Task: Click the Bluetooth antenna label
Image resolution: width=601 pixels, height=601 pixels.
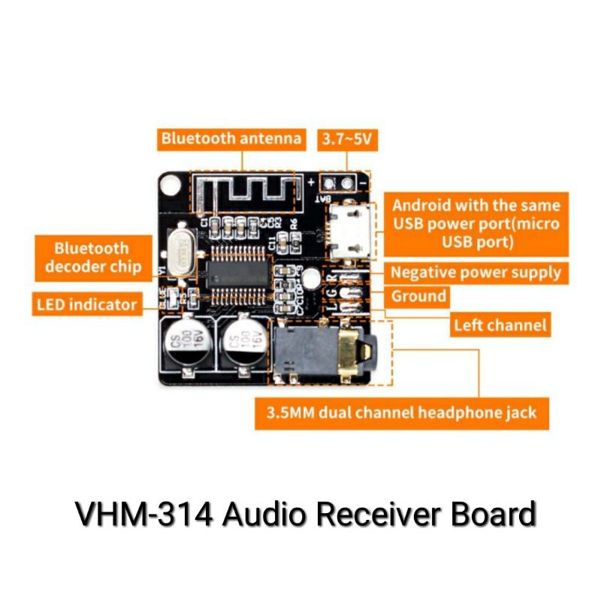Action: [231, 139]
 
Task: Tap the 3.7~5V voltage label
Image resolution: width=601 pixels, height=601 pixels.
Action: [346, 139]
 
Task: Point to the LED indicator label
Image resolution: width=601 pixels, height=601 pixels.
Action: [87, 304]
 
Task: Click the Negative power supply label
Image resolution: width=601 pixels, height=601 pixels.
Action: [476, 272]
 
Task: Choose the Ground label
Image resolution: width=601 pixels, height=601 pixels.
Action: [418, 296]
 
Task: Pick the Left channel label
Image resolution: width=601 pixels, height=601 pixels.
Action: [500, 325]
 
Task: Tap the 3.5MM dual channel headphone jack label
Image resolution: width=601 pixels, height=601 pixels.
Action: [402, 412]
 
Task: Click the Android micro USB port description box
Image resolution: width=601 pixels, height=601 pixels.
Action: [476, 223]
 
